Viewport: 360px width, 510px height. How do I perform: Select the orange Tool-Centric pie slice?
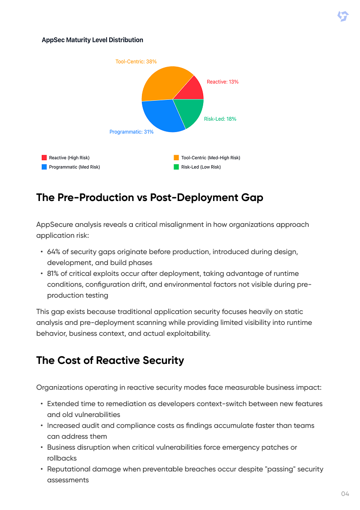[x=163, y=84]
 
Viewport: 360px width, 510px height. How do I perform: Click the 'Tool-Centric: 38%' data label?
[x=136, y=61]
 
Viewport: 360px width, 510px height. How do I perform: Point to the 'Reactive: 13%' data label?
[x=223, y=82]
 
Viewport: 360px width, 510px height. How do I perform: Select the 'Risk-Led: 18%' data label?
[x=220, y=119]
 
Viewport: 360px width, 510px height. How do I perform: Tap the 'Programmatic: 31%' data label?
[x=131, y=132]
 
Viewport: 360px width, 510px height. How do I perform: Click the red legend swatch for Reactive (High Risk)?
[x=44, y=158]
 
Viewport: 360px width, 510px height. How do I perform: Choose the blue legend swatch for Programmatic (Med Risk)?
[x=44, y=167]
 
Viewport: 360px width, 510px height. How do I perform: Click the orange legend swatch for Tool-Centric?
[x=176, y=158]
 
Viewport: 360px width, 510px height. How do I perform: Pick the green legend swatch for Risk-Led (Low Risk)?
[x=176, y=167]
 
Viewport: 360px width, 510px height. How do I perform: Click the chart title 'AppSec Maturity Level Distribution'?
[x=92, y=40]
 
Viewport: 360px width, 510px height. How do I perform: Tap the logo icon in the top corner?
[x=343, y=17]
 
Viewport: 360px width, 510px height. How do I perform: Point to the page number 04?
[x=345, y=494]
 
